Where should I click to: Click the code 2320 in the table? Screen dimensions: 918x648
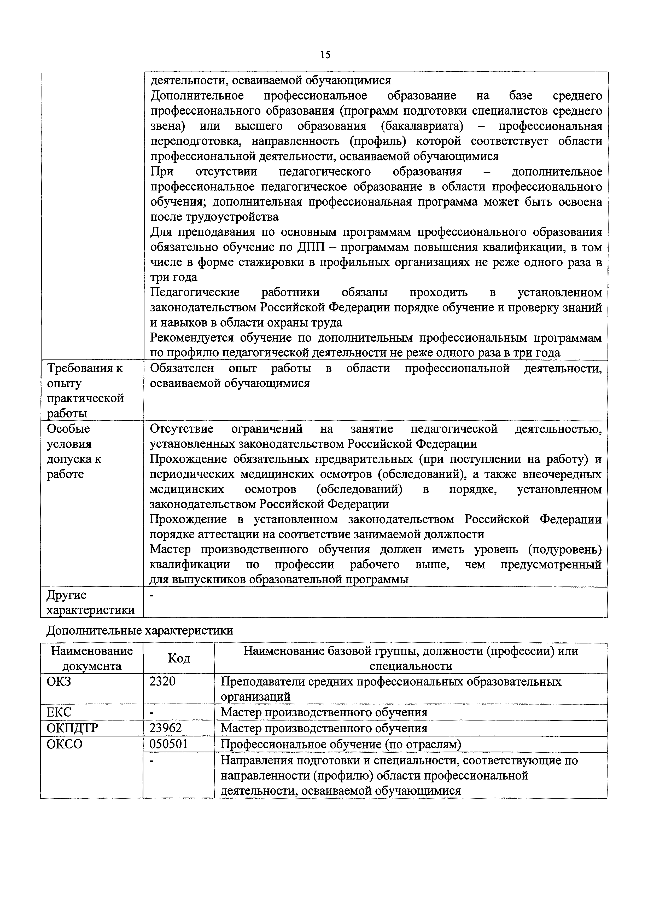click(x=162, y=681)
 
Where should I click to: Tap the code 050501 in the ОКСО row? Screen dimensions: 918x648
click(x=168, y=744)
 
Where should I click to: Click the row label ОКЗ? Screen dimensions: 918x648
click(x=59, y=681)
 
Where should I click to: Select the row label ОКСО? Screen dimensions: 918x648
click(x=65, y=744)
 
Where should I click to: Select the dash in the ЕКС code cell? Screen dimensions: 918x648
click(x=151, y=712)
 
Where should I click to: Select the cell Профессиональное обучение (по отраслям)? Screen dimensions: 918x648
click(x=341, y=744)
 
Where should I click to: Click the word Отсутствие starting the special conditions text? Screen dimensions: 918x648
click(x=182, y=429)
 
